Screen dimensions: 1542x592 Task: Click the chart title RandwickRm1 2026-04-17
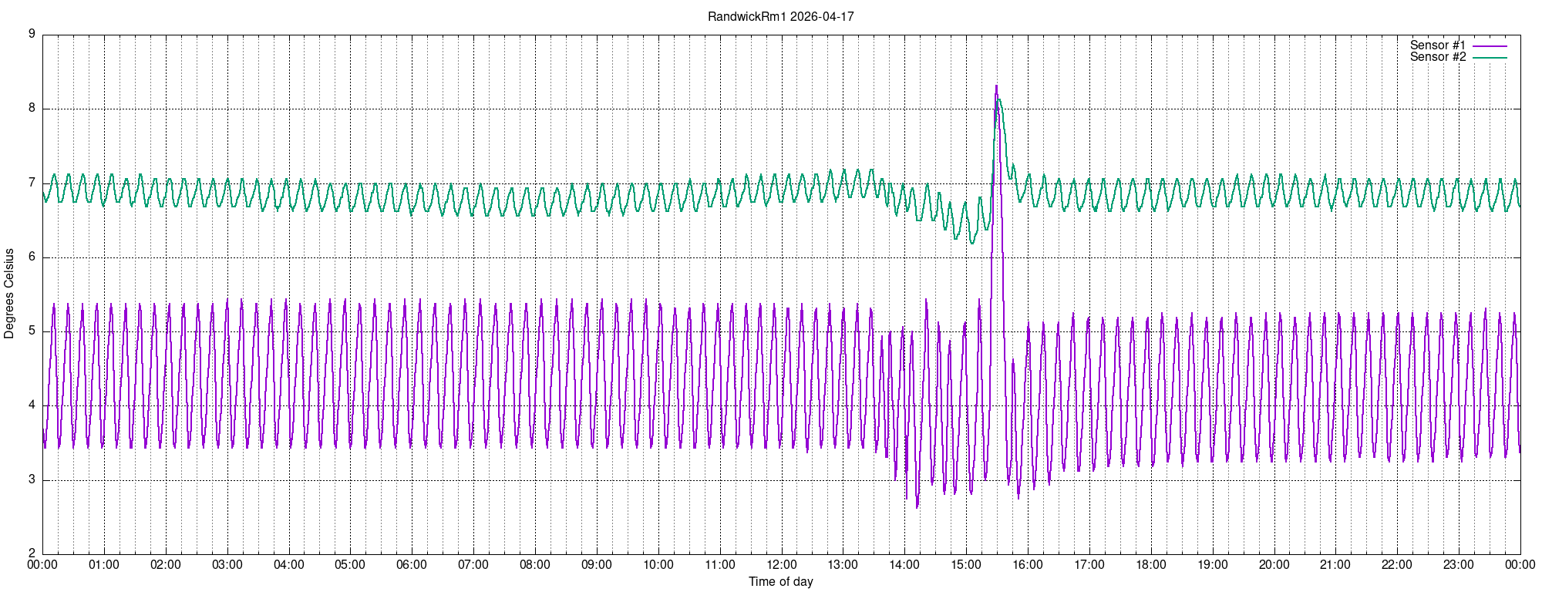pyautogui.click(x=780, y=16)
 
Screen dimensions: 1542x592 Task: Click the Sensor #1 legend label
pyautogui.click(x=1437, y=45)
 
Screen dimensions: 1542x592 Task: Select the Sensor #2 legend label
pyautogui.click(x=1437, y=57)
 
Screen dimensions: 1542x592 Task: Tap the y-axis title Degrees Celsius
pyautogui.click(x=9, y=294)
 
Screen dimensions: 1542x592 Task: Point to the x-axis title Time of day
pyautogui.click(x=780, y=581)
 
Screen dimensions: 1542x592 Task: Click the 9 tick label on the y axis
pyautogui.click(x=32, y=34)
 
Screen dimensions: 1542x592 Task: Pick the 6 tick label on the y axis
pyautogui.click(x=32, y=257)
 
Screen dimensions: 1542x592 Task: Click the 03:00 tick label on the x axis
pyautogui.click(x=227, y=564)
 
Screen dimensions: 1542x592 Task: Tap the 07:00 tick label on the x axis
pyautogui.click(x=473, y=564)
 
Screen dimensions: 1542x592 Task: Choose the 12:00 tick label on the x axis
pyautogui.click(x=782, y=564)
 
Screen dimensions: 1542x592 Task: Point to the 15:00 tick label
pyautogui.click(x=966, y=564)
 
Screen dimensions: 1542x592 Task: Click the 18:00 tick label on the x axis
pyautogui.click(x=1151, y=564)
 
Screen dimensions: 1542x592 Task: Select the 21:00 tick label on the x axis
pyautogui.click(x=1335, y=564)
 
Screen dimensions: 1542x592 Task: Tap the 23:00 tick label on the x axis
pyautogui.click(x=1459, y=564)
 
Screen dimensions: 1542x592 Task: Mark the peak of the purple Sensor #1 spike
pyautogui.click(x=996, y=86)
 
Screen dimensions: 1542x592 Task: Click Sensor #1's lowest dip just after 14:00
pyautogui.click(x=917, y=507)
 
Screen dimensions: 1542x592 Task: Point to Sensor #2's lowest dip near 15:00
pyautogui.click(x=971, y=243)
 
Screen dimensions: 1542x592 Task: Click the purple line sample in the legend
pyautogui.click(x=1490, y=46)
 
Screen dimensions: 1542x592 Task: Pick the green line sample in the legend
pyautogui.click(x=1490, y=58)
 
